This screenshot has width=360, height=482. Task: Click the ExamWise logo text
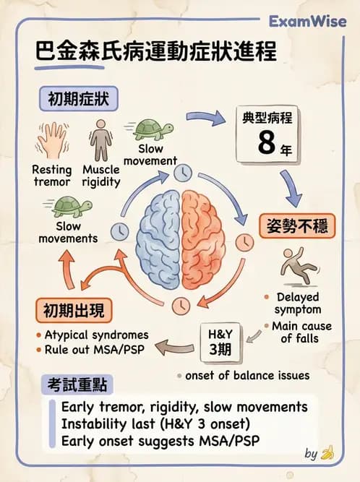point(307,22)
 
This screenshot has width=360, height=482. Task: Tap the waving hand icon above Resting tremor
point(51,140)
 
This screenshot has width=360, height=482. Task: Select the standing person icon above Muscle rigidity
point(100,140)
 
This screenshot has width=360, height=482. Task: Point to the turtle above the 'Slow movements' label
point(69,207)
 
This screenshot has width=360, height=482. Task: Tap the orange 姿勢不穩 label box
point(297,226)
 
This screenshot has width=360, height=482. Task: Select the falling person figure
point(298,266)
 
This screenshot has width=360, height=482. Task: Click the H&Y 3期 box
point(220,342)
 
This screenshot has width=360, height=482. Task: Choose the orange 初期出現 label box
point(74,311)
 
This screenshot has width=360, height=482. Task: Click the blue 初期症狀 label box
point(78,99)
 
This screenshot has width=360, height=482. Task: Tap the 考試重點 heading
point(77,384)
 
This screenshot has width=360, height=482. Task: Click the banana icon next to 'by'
point(327,453)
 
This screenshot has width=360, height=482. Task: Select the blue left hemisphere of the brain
point(158,239)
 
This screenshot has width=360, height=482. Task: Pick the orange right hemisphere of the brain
point(204,239)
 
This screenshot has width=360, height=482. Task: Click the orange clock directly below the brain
point(181,306)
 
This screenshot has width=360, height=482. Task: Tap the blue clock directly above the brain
point(183,173)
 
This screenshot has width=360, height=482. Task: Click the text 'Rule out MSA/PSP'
point(95,350)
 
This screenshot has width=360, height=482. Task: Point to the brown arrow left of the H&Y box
point(175,347)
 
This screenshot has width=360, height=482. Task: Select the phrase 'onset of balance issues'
point(247,375)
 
